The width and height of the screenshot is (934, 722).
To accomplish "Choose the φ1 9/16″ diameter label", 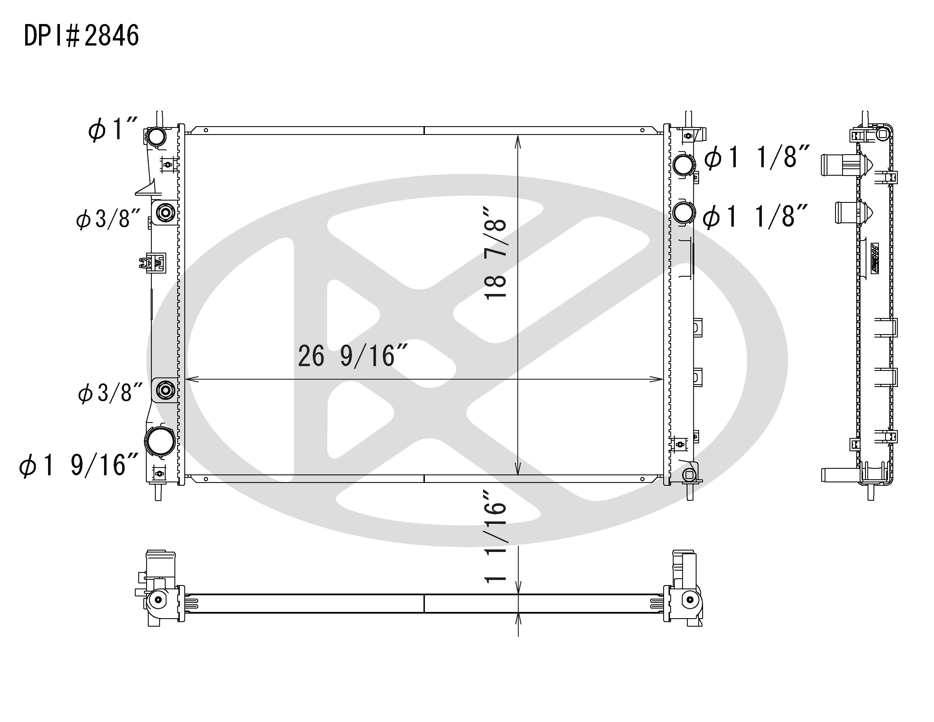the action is click(79, 465).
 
